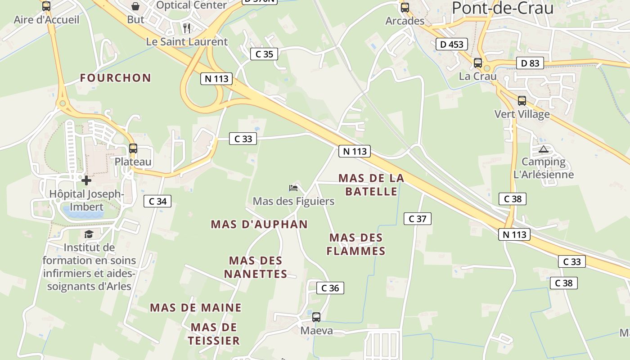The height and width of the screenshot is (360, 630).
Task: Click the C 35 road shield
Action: tap(264, 54)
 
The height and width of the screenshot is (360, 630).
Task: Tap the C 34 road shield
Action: tap(157, 201)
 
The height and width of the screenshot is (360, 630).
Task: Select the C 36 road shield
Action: tap(330, 288)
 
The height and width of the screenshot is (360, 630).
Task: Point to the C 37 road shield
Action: tap(418, 219)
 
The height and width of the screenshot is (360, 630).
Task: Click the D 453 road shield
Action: tap(452, 44)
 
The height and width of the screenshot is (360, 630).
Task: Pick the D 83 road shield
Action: tap(530, 63)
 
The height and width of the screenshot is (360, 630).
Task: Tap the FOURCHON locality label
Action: tap(116, 78)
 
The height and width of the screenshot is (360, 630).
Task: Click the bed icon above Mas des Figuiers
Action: tap(293, 188)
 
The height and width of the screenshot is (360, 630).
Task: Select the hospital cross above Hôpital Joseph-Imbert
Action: tap(86, 180)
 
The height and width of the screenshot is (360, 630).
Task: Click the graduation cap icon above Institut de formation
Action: tap(89, 234)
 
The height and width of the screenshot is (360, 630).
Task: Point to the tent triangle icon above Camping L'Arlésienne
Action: tap(543, 149)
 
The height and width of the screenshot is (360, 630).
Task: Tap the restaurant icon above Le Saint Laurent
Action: tap(187, 28)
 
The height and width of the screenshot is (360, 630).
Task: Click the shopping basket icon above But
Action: tap(135, 6)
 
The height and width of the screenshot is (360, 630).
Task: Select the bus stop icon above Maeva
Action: tap(316, 317)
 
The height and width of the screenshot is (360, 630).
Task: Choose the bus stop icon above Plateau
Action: tap(133, 148)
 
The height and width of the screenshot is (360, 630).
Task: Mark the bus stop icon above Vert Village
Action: tap(522, 101)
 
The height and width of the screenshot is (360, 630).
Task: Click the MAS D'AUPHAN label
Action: tap(259, 224)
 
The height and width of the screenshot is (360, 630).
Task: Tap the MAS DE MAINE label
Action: tap(196, 308)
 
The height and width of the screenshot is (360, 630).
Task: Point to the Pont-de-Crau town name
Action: tap(503, 8)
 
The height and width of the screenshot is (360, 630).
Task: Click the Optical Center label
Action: tap(192, 5)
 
